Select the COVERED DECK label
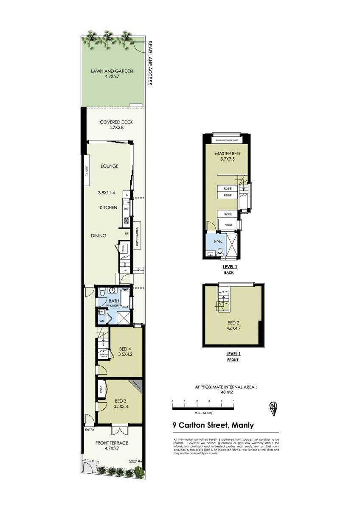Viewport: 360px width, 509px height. pos(116,125)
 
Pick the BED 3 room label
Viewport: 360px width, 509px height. pos(121,403)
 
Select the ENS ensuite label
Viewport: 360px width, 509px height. pos(218,242)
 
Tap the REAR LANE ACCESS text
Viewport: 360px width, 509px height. pos(149,63)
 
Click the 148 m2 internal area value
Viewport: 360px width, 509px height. pos(226,392)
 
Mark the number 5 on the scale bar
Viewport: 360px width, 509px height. pos(233,401)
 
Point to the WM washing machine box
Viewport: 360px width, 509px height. pos(101,321)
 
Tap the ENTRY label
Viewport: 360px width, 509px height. pos(90,430)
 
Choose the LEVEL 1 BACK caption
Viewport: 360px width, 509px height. pos(230,269)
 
